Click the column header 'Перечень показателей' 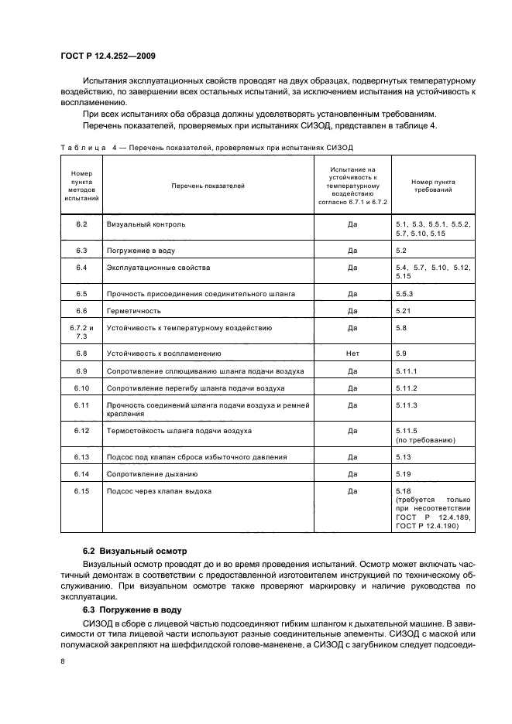pyautogui.click(x=208, y=186)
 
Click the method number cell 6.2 pyautogui.click(x=81, y=224)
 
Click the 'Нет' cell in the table pyautogui.click(x=352, y=353)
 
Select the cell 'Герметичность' pyautogui.click(x=134, y=311)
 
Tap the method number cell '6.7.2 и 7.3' pyautogui.click(x=81, y=332)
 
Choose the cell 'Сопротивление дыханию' pyautogui.click(x=153, y=473)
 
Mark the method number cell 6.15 pyautogui.click(x=81, y=490)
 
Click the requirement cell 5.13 pyautogui.click(x=402, y=456)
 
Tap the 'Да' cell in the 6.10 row pyautogui.click(x=352, y=388)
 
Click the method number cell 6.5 pyautogui.click(x=81, y=294)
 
